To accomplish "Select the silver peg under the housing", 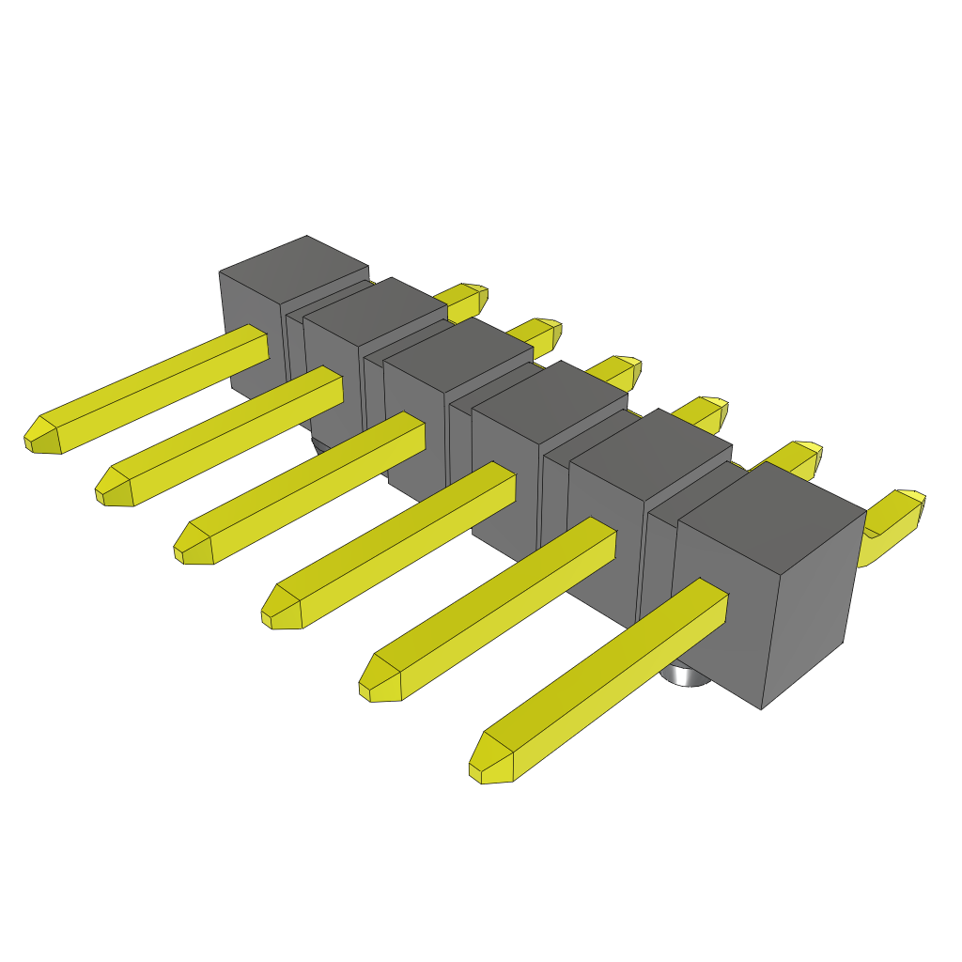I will (686, 675).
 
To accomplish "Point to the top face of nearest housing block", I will (770, 507).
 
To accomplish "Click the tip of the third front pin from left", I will (192, 546).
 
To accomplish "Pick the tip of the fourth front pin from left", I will (280, 610).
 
